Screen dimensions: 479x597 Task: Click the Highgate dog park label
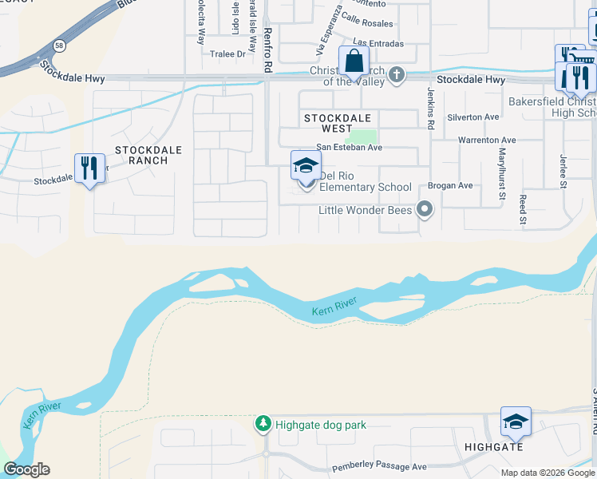(x=321, y=425)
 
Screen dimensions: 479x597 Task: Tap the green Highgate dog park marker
(x=263, y=424)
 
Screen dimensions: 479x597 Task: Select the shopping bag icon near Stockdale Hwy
(x=353, y=61)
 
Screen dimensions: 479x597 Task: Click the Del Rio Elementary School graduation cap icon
(x=305, y=165)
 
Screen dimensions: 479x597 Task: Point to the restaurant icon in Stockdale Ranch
(x=89, y=168)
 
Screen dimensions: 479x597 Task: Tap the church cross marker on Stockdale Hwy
(x=397, y=77)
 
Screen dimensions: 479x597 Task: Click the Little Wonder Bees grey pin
(x=425, y=211)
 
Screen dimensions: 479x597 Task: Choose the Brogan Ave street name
(x=450, y=186)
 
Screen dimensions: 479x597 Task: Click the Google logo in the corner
(x=26, y=469)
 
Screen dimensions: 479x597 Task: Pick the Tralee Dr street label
(x=227, y=54)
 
